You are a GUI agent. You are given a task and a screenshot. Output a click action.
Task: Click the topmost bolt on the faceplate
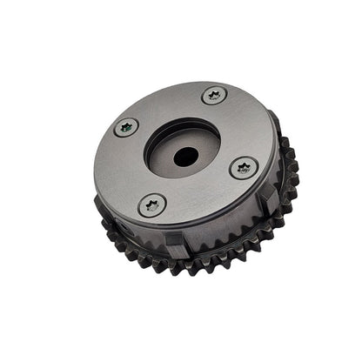(x=214, y=95)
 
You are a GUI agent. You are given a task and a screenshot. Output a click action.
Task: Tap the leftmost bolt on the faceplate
(x=127, y=127)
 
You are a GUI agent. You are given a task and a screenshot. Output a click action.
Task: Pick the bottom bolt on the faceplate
(x=153, y=205)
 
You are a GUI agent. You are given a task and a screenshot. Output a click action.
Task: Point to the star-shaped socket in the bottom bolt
(x=153, y=205)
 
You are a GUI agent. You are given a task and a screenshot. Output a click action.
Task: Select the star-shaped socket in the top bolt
(x=214, y=95)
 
